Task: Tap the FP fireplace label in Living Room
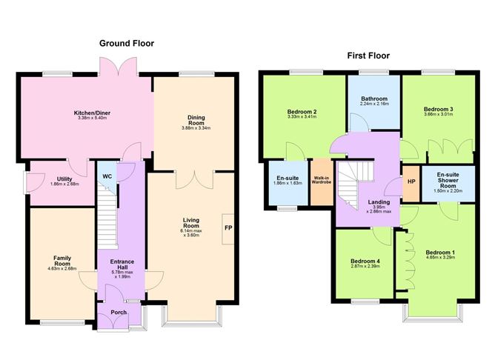pos(227,228)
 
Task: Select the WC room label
pos(108,176)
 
